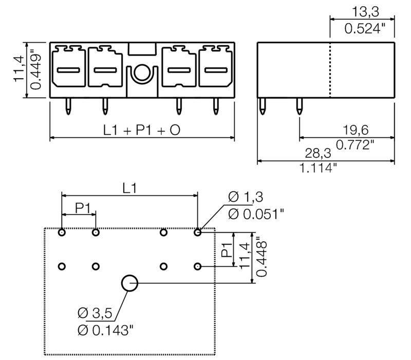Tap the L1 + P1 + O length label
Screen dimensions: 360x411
pos(141,131)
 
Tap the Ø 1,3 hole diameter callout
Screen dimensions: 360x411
pos(246,197)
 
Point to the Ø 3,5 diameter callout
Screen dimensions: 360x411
pos(94,312)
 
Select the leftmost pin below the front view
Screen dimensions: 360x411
pos(68,106)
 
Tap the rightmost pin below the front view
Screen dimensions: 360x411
pos(215,106)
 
